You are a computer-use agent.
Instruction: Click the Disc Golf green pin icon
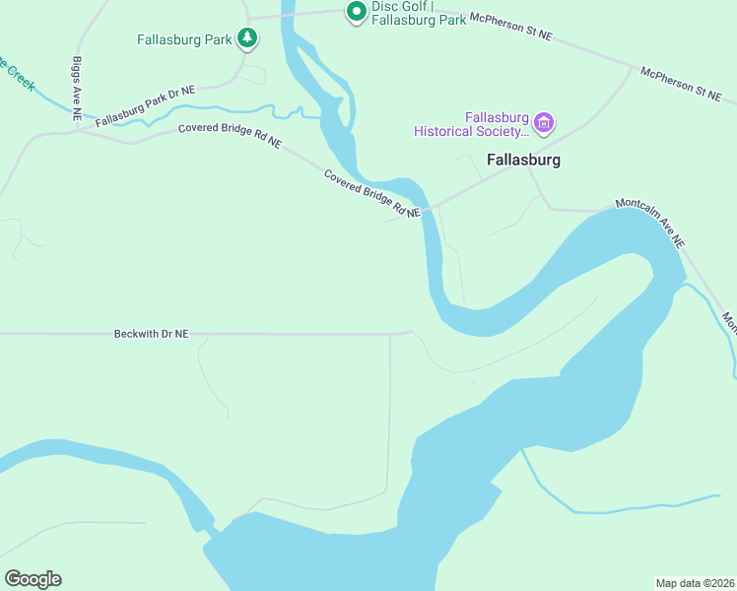point(355,11)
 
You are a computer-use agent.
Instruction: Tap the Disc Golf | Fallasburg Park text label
point(419,12)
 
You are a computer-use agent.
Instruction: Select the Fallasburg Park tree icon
point(248,39)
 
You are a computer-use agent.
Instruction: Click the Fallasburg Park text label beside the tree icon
point(183,40)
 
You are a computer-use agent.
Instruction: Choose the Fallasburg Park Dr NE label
point(146,103)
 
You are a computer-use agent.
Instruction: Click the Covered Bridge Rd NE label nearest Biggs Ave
point(230,136)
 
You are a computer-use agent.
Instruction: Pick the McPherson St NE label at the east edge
point(681,84)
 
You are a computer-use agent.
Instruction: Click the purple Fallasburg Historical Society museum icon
point(543,124)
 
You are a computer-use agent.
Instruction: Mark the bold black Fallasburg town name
point(523,160)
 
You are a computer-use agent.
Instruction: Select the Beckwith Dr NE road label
point(151,335)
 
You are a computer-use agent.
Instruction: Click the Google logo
point(33,579)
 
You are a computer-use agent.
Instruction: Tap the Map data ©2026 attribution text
point(695,582)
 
